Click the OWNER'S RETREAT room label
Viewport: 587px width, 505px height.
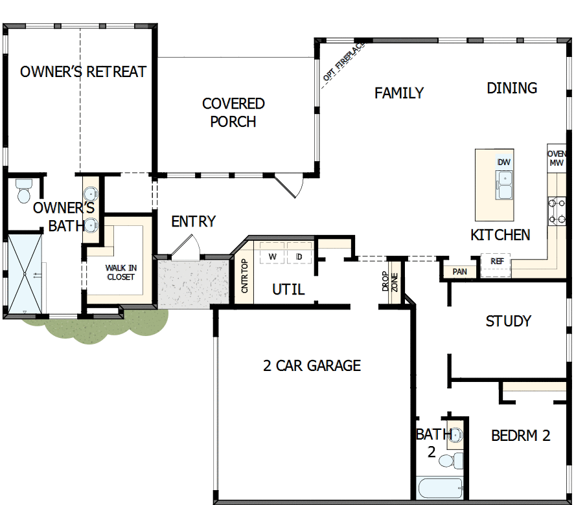pos(83,71)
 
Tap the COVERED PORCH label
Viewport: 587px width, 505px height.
pos(233,113)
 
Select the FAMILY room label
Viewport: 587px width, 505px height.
pos(399,93)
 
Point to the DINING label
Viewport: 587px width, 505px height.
pos(512,87)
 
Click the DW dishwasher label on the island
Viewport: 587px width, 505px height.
pos(504,162)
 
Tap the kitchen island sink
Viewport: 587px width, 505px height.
pos(504,185)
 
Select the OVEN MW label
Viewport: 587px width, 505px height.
pos(557,159)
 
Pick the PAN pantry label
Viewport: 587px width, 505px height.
pos(460,272)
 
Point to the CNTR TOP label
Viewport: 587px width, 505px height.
pos(244,276)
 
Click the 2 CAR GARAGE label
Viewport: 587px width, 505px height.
pos(312,366)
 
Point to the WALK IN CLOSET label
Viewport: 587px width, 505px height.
pos(121,272)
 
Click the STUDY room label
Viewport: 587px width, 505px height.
pos(509,321)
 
